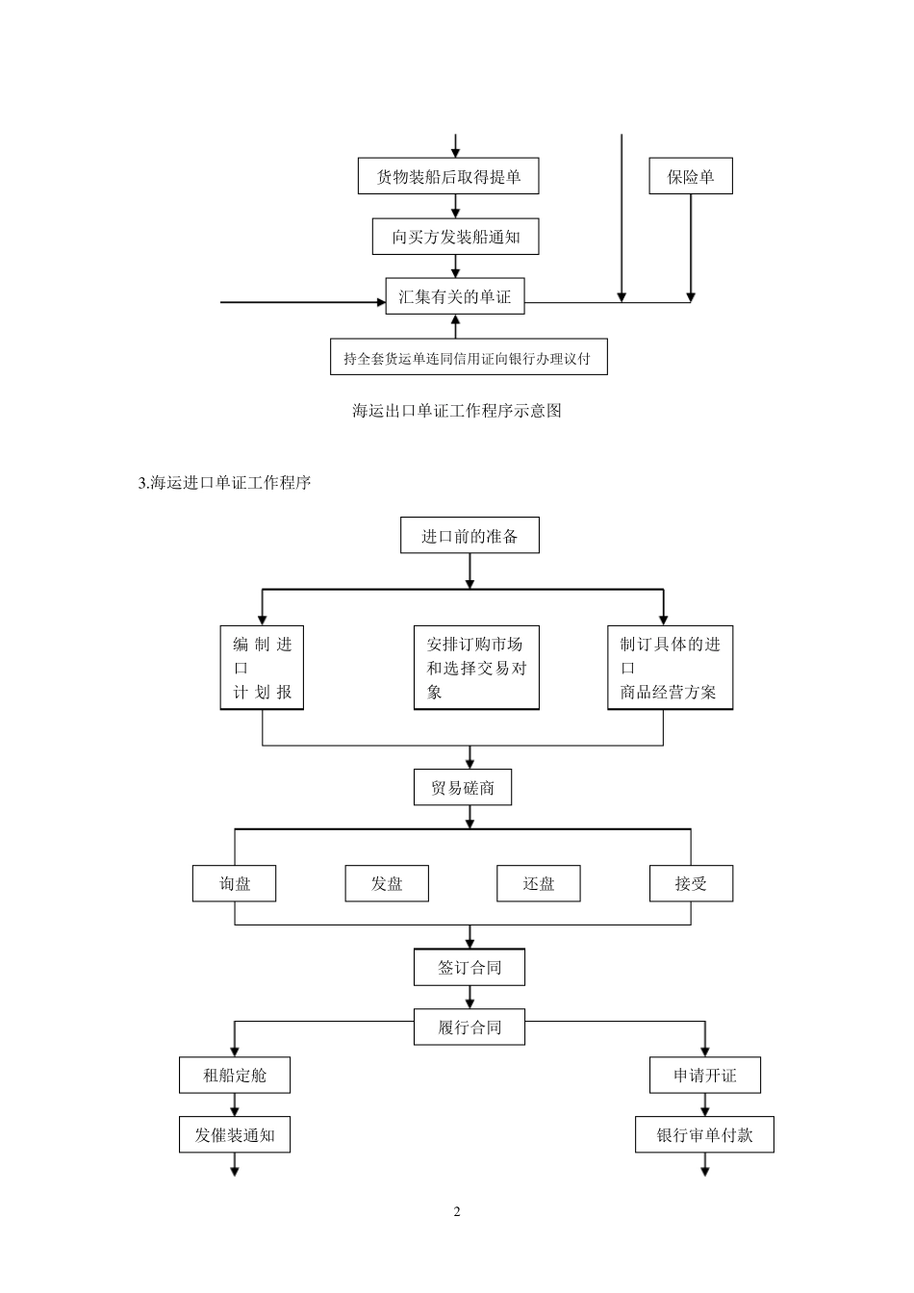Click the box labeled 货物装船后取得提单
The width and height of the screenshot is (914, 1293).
point(447,177)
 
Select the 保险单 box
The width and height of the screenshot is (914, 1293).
point(690,177)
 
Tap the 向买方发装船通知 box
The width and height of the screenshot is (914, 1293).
point(455,237)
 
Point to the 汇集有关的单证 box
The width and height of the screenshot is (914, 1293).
point(455,296)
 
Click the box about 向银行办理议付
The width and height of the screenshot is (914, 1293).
point(468,358)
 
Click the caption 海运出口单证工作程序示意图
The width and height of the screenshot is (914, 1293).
point(456,411)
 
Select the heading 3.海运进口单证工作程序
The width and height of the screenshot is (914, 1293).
point(225,483)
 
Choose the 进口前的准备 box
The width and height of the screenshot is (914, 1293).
point(470,536)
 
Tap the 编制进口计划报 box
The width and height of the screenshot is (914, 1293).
point(262,668)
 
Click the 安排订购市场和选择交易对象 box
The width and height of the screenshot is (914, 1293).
point(476,668)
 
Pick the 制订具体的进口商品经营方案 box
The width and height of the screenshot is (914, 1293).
point(670,668)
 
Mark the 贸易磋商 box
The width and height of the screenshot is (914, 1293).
point(463,788)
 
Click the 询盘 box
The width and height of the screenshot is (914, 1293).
point(235,883)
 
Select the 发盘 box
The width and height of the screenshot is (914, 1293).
point(387,883)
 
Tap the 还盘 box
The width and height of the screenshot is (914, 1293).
point(538,883)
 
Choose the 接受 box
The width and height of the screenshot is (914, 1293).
point(691,883)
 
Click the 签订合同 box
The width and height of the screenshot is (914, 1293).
point(470,968)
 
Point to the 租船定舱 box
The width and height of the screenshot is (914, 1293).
point(235,1075)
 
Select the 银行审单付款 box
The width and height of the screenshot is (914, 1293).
point(704,1135)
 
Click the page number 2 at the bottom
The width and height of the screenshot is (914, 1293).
point(457,1211)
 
